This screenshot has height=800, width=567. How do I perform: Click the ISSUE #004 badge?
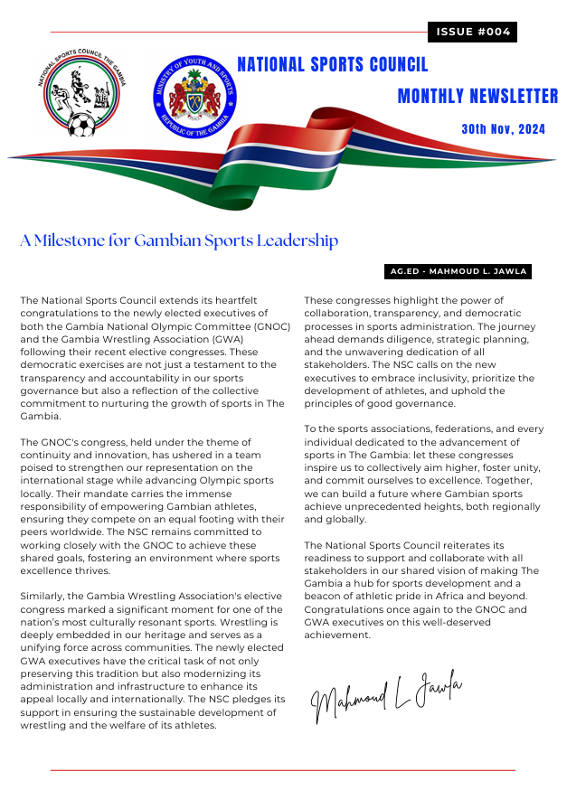coord(472,33)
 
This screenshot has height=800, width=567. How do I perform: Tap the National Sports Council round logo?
coord(82,96)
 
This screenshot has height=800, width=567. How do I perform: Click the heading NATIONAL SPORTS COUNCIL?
coord(332,65)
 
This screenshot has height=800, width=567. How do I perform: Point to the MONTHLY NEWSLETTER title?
coord(477,97)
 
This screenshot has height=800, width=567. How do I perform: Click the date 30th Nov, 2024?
coord(503,129)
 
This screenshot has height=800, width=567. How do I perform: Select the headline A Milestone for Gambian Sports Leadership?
coord(179,240)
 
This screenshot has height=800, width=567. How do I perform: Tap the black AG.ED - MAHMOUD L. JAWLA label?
coord(458,271)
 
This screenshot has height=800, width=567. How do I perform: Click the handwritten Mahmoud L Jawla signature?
coord(386,695)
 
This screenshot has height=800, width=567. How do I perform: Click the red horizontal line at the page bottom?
coord(282,770)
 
